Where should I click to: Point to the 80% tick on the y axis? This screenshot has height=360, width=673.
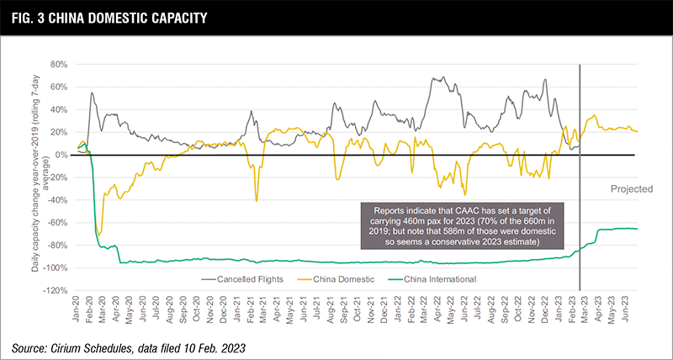56,64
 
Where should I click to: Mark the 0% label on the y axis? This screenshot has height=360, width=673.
60,155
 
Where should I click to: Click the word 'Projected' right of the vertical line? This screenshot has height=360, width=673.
631,189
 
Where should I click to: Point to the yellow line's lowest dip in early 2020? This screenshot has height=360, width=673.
99,235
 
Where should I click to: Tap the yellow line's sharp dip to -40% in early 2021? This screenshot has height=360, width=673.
257,200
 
